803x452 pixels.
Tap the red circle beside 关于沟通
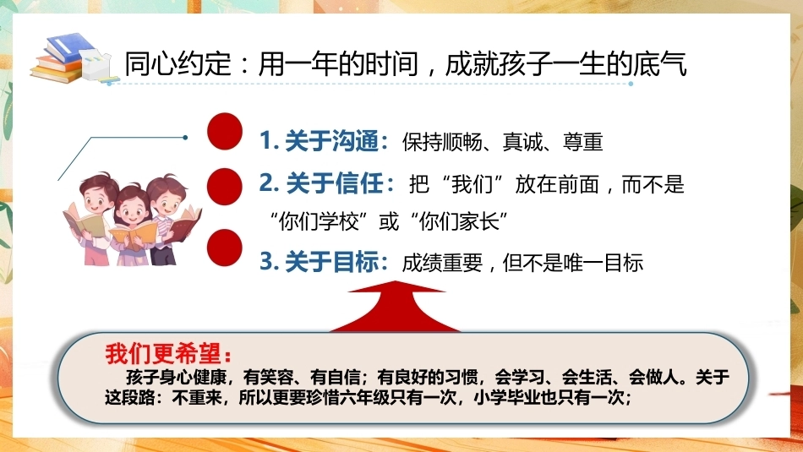point(225,132)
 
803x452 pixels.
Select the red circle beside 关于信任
point(225,187)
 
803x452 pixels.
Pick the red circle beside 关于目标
point(225,248)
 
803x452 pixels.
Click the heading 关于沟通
point(331,141)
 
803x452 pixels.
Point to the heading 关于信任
point(335,183)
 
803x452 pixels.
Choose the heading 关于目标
point(332,262)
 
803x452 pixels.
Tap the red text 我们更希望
point(163,353)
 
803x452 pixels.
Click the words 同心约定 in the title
point(178,64)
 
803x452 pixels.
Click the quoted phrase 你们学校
point(319,222)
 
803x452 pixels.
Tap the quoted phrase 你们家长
point(459,222)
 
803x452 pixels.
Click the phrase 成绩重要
point(442,263)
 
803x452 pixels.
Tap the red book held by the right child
point(184,221)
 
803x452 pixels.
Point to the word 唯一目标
point(602,263)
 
